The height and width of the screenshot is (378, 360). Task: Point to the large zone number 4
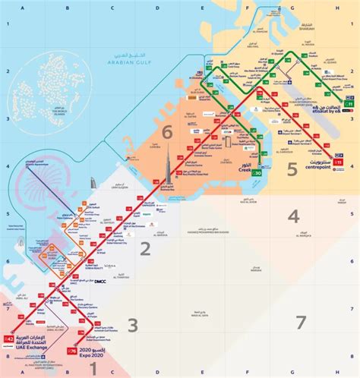tap(294, 217)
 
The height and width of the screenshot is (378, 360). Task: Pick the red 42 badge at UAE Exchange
tap(8, 337)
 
